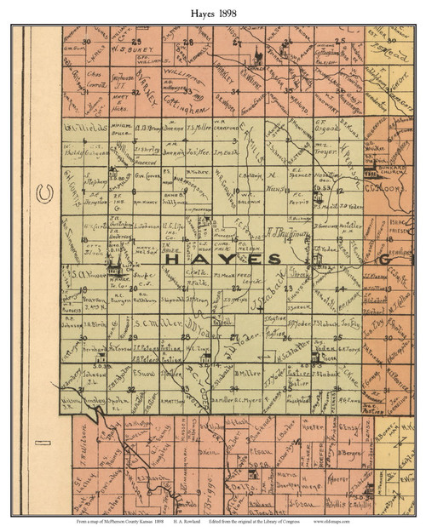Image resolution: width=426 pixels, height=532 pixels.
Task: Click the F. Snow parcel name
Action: click(143, 371)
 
